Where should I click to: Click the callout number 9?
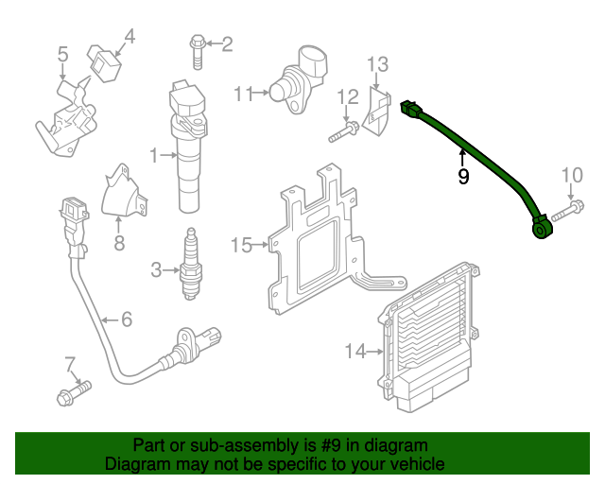(x=463, y=176)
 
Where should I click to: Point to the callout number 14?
(x=354, y=352)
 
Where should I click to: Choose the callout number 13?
(x=377, y=64)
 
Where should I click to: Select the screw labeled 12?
(x=342, y=131)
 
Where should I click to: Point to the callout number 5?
(x=62, y=54)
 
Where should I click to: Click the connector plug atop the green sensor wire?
(x=411, y=111)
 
